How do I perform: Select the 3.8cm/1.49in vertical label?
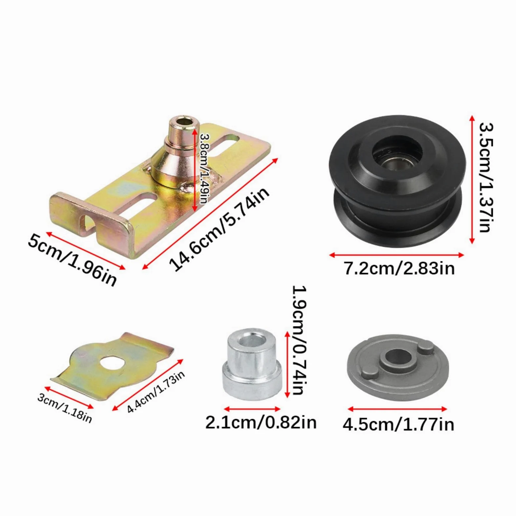tap(204, 169)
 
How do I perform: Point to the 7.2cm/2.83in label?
tap(399, 268)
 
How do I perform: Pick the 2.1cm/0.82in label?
tap(261, 423)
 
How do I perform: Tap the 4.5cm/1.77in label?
tap(398, 424)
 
